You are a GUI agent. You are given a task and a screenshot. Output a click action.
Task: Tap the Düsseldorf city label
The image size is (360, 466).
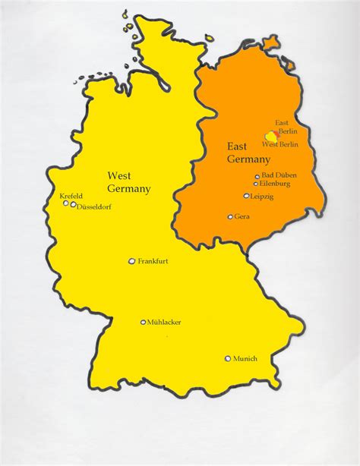point(94,206)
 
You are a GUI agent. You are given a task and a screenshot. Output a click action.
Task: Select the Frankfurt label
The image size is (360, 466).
point(153,261)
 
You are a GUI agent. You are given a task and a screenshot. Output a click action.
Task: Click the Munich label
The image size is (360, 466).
point(245,358)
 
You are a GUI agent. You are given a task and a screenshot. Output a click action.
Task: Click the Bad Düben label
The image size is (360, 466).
point(279,175)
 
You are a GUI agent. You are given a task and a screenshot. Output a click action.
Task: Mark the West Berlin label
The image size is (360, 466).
point(279,144)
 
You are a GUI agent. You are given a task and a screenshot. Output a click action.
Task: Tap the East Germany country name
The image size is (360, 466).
point(248,153)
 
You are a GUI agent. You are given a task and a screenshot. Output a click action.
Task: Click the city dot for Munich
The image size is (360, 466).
point(227,358)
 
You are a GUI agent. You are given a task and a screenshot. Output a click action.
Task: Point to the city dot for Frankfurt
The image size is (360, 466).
point(132,261)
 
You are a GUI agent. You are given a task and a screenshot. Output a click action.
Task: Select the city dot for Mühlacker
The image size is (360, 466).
point(143,322)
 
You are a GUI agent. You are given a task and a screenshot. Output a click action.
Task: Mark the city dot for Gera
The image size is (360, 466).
point(230,216)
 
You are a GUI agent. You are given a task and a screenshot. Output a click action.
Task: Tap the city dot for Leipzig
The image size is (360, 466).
point(246,196)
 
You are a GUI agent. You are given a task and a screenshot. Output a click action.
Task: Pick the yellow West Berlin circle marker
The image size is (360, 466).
point(270,135)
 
